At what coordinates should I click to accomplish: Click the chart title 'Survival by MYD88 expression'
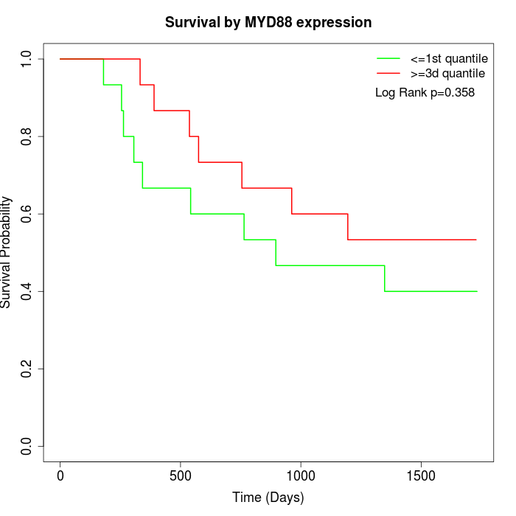(268, 22)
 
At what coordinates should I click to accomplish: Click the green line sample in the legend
(388, 58)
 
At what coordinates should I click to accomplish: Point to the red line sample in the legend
(388, 73)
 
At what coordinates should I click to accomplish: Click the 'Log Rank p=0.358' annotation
(425, 93)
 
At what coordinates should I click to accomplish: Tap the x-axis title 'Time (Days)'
(268, 498)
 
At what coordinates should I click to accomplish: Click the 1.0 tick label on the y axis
(27, 59)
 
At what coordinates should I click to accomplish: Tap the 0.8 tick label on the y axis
(27, 136)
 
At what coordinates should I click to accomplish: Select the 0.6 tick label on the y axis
(27, 214)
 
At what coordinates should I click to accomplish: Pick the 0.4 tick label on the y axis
(27, 291)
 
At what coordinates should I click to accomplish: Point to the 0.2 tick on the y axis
(27, 369)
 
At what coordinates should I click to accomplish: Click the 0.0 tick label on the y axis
(27, 446)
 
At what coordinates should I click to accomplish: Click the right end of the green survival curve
(477, 291)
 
